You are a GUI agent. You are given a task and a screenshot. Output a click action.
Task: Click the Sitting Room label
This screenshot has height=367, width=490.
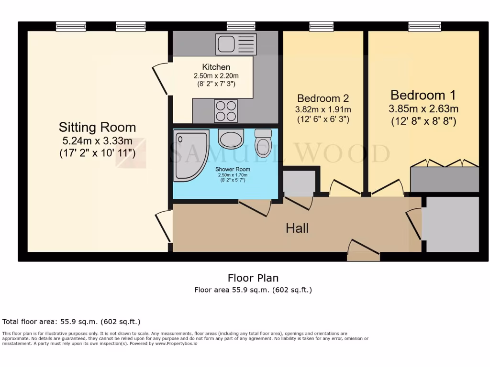[x=97, y=127]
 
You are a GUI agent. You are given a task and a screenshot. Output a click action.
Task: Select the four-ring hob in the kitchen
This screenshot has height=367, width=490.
[x=226, y=110]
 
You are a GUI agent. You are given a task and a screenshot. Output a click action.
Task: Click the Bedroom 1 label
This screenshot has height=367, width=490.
[x=423, y=95]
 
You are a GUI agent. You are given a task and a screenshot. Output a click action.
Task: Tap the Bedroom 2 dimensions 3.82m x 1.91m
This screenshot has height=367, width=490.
[x=323, y=109]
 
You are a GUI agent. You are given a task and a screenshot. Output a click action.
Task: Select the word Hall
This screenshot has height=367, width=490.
[x=297, y=228]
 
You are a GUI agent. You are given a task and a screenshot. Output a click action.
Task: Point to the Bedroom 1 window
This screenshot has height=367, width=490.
[x=424, y=26]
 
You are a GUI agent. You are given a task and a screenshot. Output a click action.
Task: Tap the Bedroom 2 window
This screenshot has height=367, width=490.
[x=321, y=26]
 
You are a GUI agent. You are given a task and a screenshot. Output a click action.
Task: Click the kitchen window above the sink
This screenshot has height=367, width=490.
[x=241, y=26]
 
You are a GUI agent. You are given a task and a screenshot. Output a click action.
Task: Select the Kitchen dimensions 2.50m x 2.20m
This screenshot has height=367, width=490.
[x=216, y=76]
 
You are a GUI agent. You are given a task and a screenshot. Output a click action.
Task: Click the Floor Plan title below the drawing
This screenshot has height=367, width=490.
[x=253, y=278]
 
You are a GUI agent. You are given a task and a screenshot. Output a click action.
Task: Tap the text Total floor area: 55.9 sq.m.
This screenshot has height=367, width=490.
[x=71, y=322]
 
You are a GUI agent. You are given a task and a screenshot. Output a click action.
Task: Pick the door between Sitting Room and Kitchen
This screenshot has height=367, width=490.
[x=160, y=79]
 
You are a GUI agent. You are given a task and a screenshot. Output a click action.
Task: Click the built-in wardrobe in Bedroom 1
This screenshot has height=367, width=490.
[x=445, y=178]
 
